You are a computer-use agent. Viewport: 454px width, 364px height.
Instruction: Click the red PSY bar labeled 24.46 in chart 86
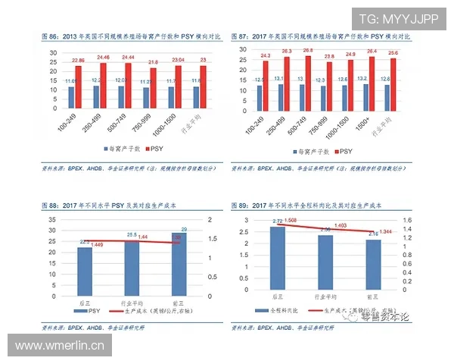104,86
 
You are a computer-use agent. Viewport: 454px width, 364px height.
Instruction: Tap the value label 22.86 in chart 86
79,60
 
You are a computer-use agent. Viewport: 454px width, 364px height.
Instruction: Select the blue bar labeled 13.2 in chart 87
362,96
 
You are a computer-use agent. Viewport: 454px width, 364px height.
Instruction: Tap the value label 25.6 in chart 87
393,53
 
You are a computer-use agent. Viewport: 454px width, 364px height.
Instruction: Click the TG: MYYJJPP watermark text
399,18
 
